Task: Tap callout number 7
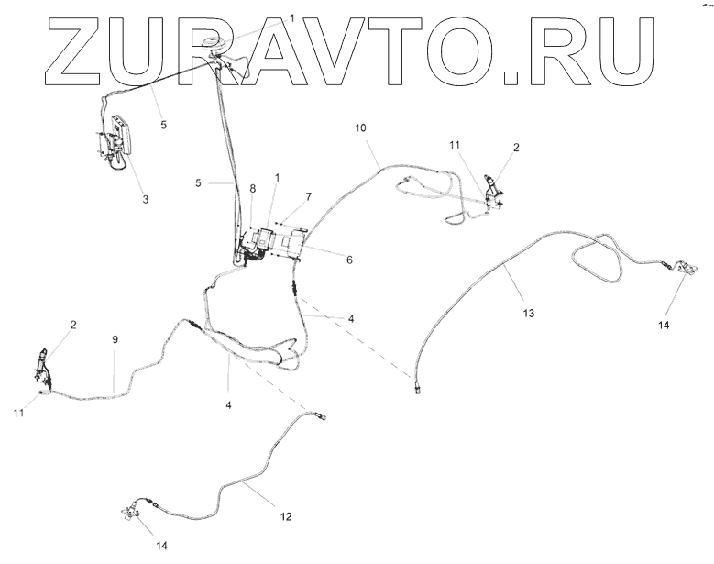pos(309,196)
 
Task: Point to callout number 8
pos(254,189)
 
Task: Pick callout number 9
pos(115,340)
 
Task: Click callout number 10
pos(360,127)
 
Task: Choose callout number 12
pos(285,517)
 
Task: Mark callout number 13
pos(528,312)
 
